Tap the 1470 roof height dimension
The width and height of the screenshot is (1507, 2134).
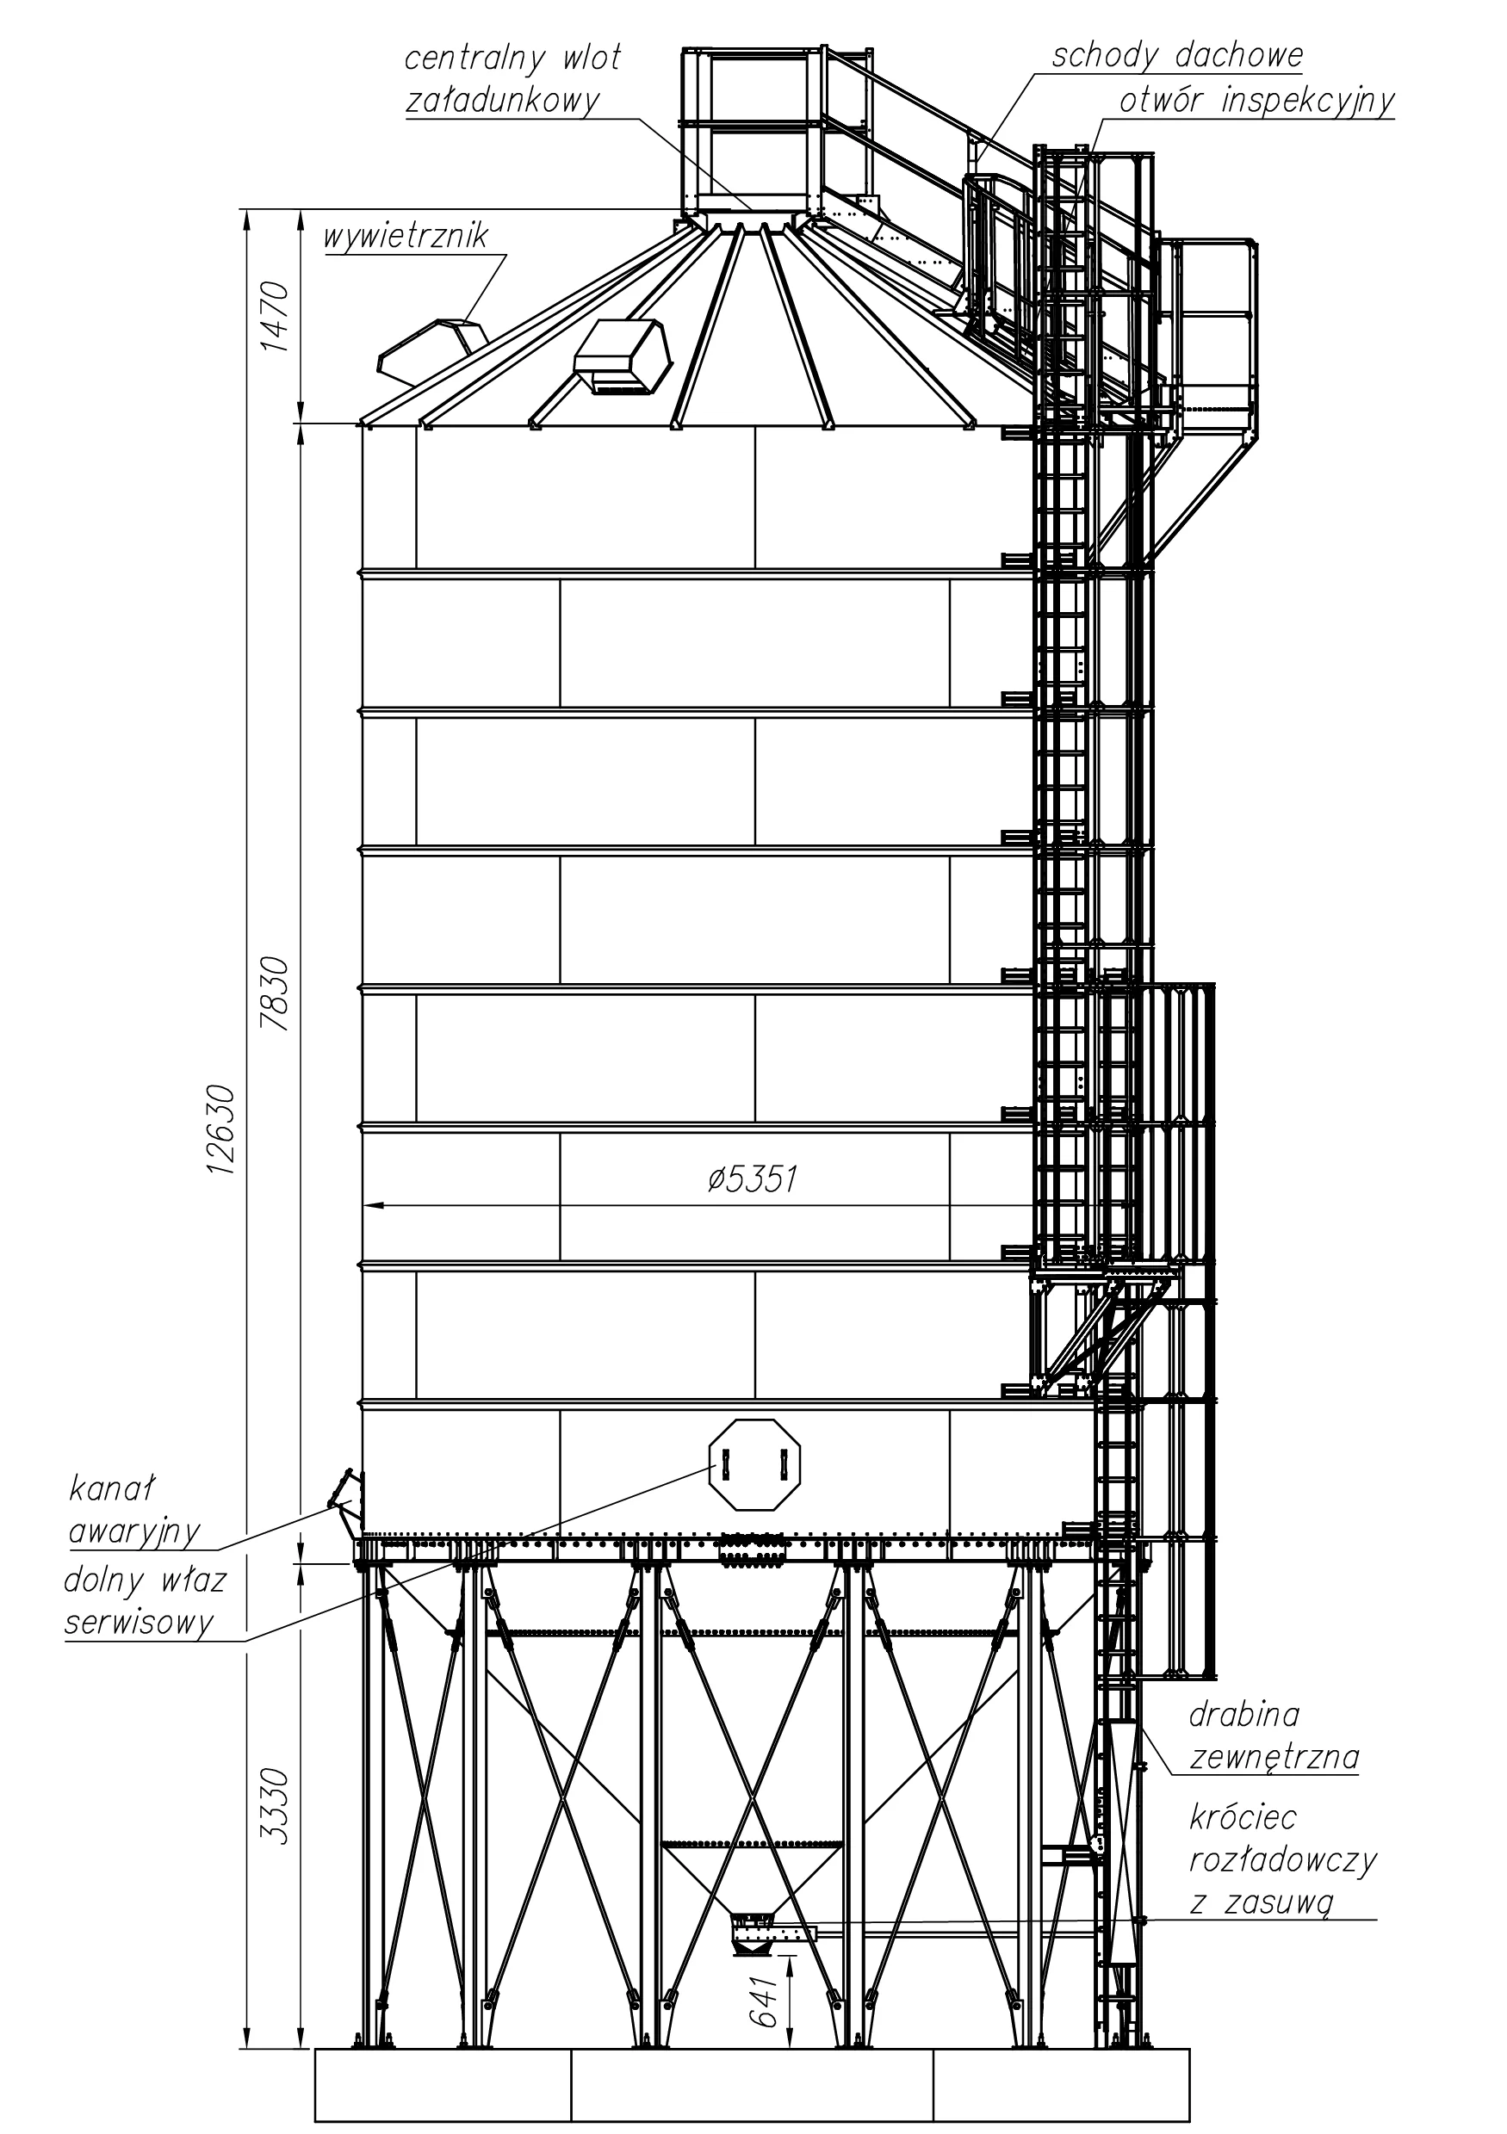pyautogui.click(x=276, y=316)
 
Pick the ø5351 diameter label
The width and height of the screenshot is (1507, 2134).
pyautogui.click(x=752, y=1179)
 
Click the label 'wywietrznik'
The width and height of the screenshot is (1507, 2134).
pyautogui.click(x=406, y=235)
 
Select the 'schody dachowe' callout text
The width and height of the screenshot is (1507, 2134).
pyautogui.click(x=1177, y=56)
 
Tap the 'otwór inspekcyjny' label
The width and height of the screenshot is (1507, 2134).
pyautogui.click(x=1257, y=101)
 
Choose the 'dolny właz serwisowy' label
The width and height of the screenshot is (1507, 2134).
pyautogui.click(x=145, y=1602)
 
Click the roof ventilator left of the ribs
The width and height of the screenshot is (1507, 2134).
pyautogui.click(x=433, y=351)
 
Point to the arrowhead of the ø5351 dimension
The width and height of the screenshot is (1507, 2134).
pyautogui.click(x=373, y=1205)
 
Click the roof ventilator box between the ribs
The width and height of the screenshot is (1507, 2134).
pyautogui.click(x=622, y=358)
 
